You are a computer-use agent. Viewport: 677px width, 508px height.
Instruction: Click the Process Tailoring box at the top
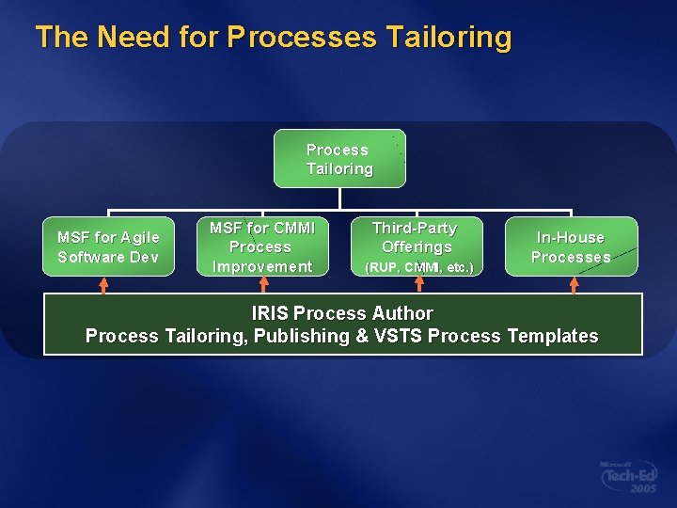(339, 159)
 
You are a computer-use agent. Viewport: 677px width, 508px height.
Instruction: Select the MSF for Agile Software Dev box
(108, 246)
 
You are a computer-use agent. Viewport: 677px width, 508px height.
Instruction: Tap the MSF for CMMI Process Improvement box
(260, 246)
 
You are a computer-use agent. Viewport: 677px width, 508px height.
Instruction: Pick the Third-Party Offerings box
(416, 246)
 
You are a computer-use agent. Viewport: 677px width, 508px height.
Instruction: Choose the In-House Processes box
(571, 246)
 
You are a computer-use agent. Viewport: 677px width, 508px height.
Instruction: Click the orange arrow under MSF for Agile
(104, 284)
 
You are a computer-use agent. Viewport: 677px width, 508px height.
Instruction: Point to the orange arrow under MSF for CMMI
(262, 284)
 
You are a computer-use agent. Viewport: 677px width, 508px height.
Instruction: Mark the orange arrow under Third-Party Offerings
(419, 284)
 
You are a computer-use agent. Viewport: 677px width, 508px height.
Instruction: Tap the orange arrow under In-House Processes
(574, 284)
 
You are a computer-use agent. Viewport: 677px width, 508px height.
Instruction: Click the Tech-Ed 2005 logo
(629, 477)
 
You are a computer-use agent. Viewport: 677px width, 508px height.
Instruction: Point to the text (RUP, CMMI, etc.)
(417, 268)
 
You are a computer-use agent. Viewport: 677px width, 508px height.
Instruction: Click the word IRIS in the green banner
(271, 313)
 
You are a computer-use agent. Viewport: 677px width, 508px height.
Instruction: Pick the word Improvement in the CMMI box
(261, 266)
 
